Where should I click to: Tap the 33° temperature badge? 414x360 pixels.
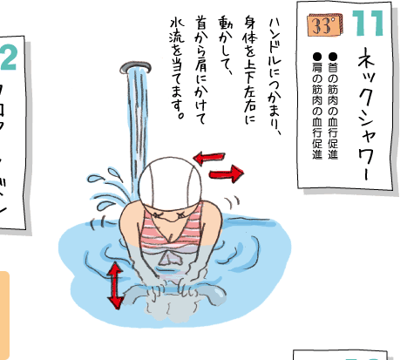[323, 25]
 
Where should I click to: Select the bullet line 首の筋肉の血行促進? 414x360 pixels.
[333, 105]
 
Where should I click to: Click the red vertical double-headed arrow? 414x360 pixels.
[114, 285]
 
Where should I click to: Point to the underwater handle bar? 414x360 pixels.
[170, 296]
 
